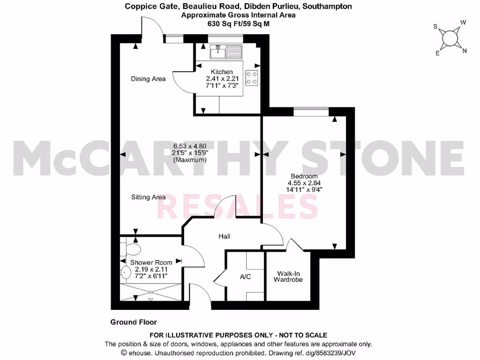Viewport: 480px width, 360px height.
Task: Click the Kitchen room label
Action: (x=222, y=72)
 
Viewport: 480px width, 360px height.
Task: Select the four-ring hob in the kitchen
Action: (x=252, y=78)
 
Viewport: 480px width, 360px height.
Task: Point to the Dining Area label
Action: (x=148, y=79)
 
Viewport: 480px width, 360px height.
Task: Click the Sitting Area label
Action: (x=148, y=197)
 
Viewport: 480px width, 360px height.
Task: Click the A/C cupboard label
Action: (x=245, y=277)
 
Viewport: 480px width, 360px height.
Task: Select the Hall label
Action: (x=224, y=237)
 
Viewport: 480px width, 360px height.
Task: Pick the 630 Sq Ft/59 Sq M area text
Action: (x=239, y=23)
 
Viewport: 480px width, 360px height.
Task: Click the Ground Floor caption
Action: (x=134, y=322)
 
